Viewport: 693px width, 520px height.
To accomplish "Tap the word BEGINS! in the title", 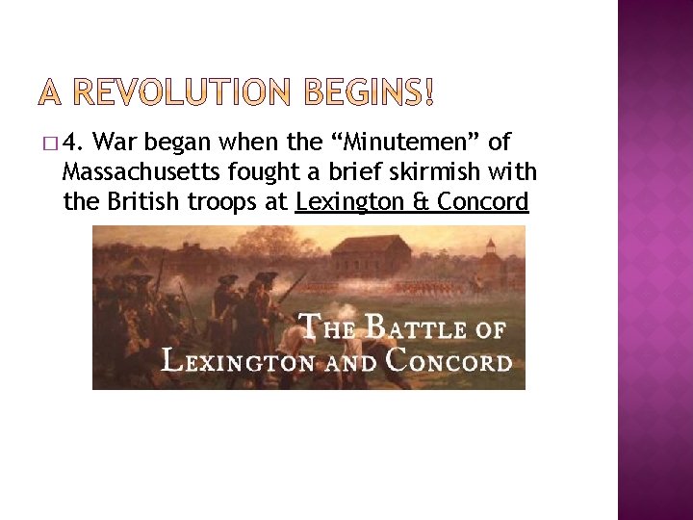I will tap(370, 93).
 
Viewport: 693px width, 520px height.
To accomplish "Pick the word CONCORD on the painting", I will tap(449, 361).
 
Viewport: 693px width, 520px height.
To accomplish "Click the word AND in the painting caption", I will tap(350, 363).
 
